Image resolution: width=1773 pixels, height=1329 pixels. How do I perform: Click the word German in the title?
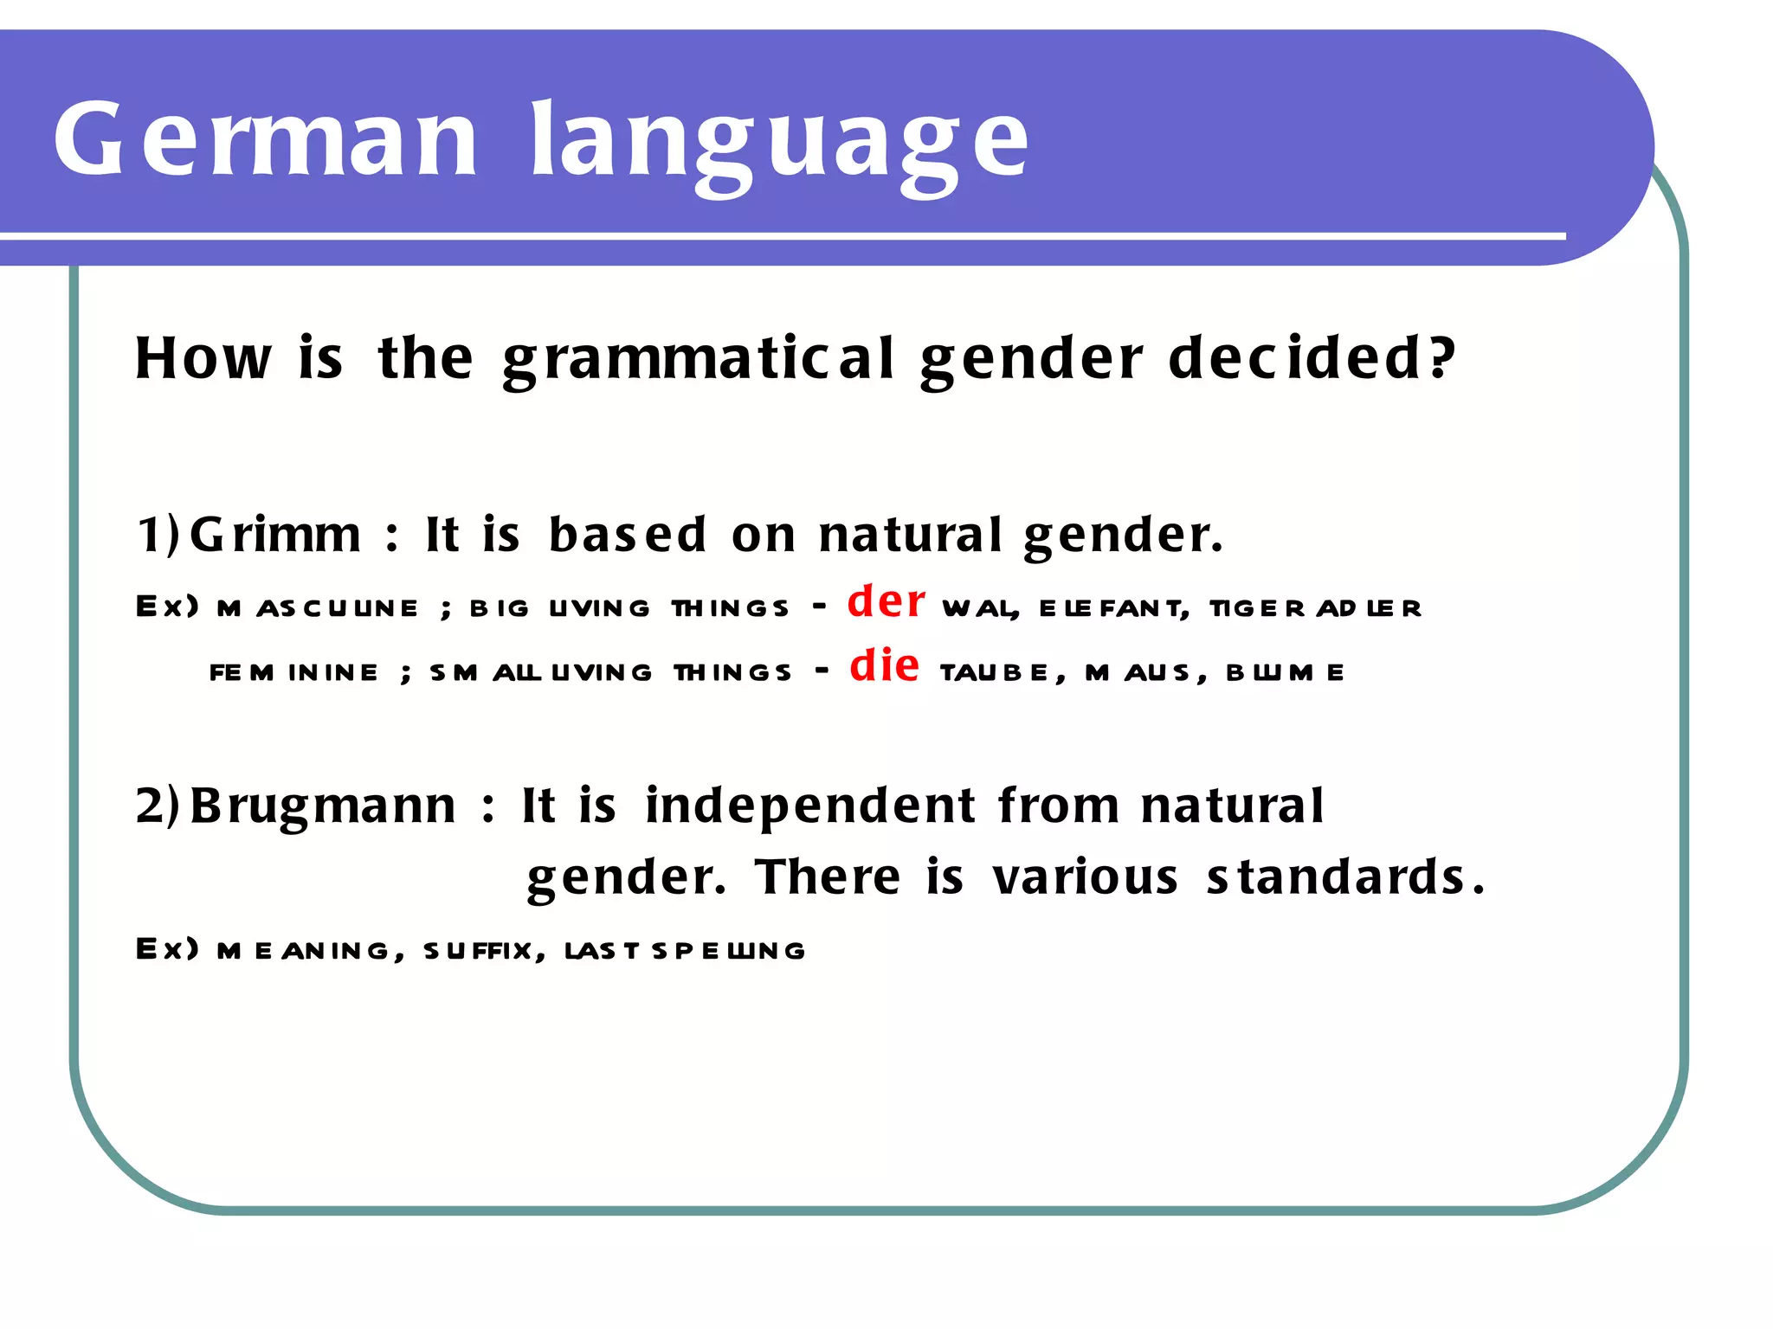coord(265,138)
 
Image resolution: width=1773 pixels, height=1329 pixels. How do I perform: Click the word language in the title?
coord(779,143)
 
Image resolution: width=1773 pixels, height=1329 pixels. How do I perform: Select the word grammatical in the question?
coord(698,359)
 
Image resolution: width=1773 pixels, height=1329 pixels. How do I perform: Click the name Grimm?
coord(275,534)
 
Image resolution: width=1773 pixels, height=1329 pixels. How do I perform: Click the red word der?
coord(886,600)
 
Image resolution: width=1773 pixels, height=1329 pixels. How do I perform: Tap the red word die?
coord(884,665)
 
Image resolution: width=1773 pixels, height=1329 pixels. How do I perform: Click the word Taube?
coord(996,672)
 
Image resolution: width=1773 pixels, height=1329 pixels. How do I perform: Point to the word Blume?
coord(1285,672)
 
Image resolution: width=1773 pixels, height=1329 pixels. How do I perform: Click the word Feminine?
coord(294,672)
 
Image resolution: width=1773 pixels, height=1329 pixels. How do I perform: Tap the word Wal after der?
coord(979,608)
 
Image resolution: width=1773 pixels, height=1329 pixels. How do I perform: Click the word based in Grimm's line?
coord(628,534)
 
